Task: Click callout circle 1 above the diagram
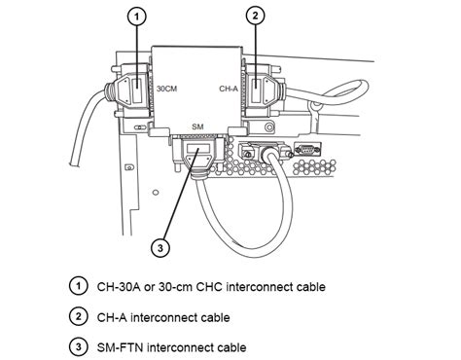tap(137, 17)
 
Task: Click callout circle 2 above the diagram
tap(256, 16)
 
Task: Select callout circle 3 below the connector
tap(160, 248)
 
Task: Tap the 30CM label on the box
tap(166, 89)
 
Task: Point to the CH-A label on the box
tap(229, 89)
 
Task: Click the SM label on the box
tap(197, 126)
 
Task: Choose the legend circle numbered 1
tap(78, 286)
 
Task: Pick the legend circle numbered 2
tap(78, 316)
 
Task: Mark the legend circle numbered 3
tap(78, 347)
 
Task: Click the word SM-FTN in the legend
tap(120, 347)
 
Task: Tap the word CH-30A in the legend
tap(119, 287)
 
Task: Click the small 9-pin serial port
tap(307, 149)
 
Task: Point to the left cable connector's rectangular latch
tap(137, 89)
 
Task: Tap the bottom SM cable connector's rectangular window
tap(197, 149)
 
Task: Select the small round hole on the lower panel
tap(156, 193)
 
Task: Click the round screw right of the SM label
tap(269, 126)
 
